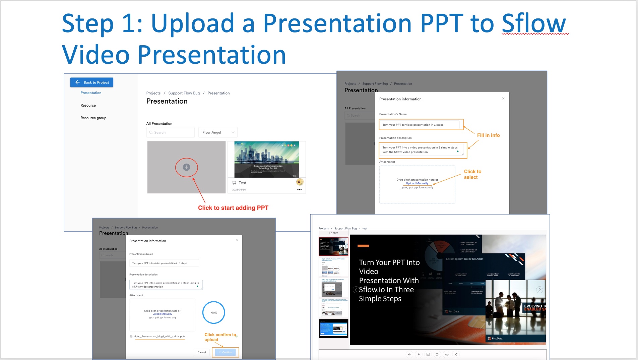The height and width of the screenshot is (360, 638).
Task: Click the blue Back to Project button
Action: [92, 82]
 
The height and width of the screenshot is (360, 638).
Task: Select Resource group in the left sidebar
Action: [93, 118]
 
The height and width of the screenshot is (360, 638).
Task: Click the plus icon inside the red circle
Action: [186, 167]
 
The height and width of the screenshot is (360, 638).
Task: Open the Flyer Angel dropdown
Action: [218, 132]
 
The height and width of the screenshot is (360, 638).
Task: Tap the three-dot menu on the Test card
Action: [299, 190]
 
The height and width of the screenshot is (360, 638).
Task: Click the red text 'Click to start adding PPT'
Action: [233, 208]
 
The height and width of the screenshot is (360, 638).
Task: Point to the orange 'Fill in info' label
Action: [488, 135]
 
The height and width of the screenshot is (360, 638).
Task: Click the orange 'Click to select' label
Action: [472, 174]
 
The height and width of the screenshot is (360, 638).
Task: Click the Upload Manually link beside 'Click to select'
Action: [417, 183]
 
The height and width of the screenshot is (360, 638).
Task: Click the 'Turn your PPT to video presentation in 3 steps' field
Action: [421, 125]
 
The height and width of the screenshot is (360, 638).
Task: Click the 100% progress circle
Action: [213, 312]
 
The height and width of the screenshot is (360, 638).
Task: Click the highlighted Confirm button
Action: [226, 352]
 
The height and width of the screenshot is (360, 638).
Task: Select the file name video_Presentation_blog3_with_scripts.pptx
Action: [159, 336]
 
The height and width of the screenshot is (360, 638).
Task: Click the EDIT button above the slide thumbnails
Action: [333, 233]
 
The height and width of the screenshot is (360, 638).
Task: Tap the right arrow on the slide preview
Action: [539, 290]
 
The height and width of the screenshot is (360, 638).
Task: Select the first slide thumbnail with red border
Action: [333, 246]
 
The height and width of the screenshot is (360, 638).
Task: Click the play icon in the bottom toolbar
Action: [419, 354]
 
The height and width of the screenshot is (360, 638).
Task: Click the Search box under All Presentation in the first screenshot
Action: [171, 132]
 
